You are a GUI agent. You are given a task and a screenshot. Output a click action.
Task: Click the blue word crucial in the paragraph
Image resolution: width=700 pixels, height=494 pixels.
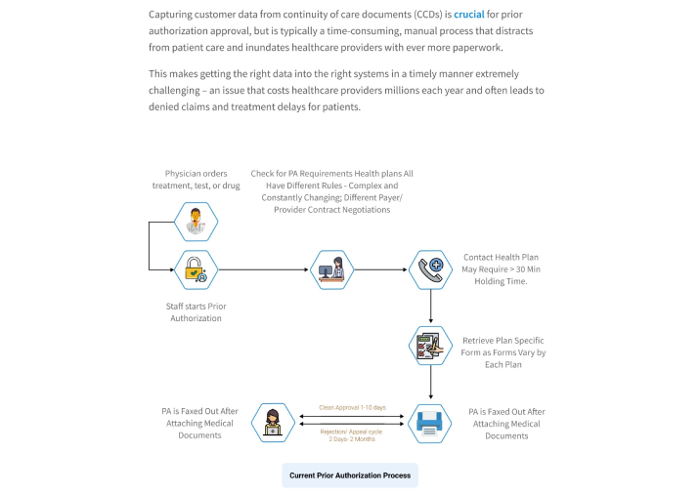[469, 15]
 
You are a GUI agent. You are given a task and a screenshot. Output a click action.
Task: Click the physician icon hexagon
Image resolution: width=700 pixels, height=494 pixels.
[196, 222]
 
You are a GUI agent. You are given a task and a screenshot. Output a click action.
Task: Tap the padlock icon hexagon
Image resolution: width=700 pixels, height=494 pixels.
[196, 269]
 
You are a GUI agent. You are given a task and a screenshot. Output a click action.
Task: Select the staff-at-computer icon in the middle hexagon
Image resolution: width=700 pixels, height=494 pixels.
[330, 268]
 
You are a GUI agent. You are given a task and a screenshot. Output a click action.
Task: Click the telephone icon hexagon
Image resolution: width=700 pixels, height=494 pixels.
[431, 268]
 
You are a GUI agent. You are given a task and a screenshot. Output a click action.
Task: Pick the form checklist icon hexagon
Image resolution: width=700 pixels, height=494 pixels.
[430, 346]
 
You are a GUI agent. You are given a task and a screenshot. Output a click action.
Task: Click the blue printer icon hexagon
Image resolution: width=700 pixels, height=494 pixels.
[430, 423]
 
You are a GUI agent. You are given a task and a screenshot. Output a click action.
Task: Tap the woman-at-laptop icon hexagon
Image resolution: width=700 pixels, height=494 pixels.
[272, 423]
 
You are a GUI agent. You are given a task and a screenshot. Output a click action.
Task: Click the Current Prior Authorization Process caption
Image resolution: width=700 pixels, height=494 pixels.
[351, 475]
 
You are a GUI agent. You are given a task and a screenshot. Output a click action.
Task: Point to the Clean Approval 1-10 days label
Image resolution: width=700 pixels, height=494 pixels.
[352, 407]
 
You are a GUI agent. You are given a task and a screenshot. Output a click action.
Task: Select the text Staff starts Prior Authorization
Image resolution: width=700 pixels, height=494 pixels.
[196, 311]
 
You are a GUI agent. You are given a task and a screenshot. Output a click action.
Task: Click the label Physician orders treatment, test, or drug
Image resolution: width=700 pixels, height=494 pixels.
[196, 179]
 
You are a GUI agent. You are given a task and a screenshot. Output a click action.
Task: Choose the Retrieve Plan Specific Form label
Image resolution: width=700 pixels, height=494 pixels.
[503, 352]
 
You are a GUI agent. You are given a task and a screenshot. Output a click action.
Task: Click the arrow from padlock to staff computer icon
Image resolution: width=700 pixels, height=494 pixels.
[264, 268]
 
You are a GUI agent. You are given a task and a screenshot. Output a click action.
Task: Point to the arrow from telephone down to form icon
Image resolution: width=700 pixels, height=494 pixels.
[431, 307]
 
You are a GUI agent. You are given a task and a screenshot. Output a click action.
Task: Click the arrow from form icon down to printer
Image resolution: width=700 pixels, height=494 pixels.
[431, 384]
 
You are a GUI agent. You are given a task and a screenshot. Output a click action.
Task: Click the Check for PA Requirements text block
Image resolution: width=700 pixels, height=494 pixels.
[331, 191]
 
